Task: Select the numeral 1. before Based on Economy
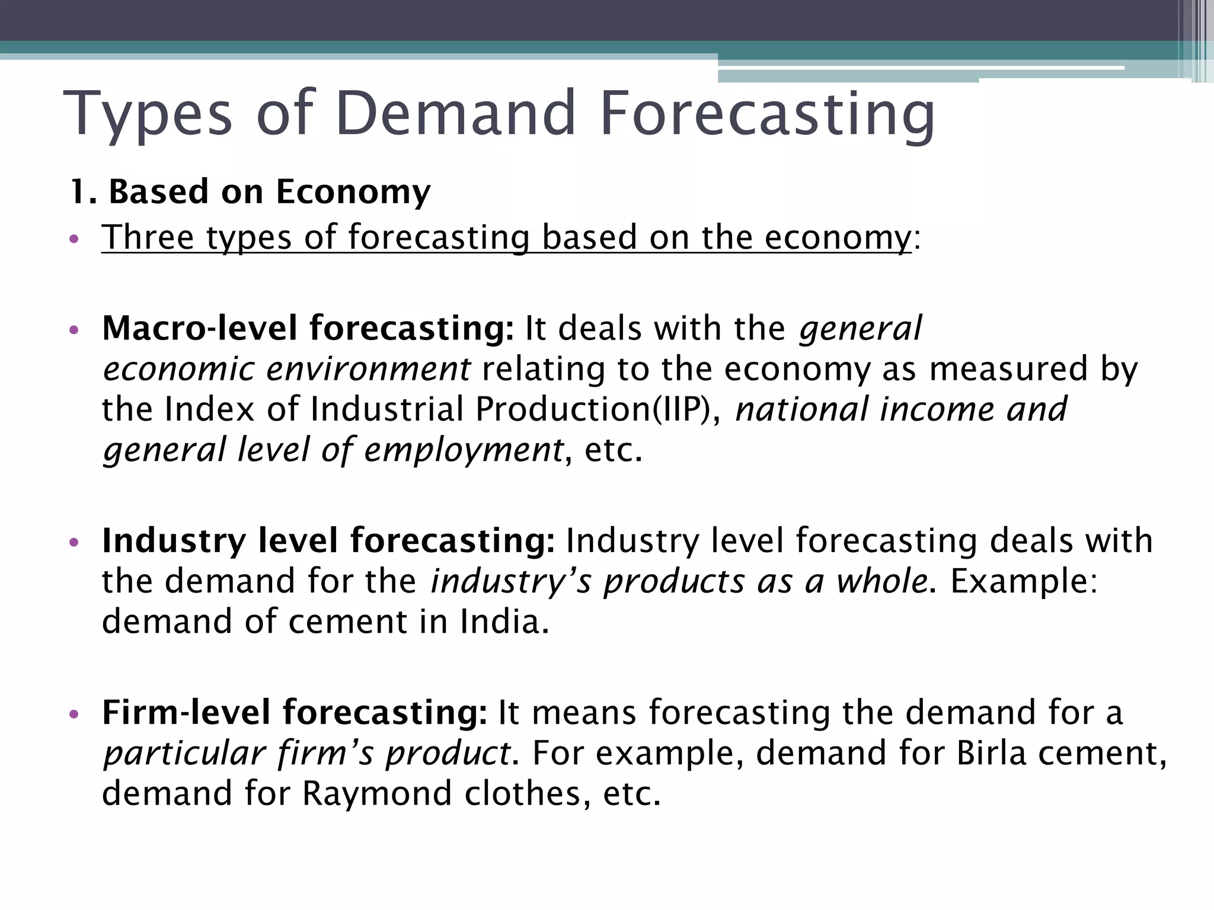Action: (x=83, y=192)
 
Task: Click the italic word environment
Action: (x=368, y=369)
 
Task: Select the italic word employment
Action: (x=463, y=450)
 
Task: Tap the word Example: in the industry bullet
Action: (x=1024, y=581)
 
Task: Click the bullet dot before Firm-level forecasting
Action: (x=74, y=714)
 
